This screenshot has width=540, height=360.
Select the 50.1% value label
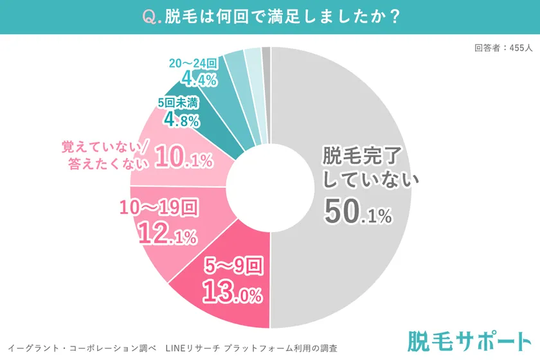point(357,212)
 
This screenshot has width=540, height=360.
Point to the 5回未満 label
point(181,102)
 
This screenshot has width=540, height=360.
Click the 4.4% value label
point(199,80)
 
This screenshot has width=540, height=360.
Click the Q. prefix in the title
point(150,16)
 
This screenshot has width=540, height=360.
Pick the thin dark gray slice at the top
point(267,52)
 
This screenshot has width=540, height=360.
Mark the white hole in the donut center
point(271,187)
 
